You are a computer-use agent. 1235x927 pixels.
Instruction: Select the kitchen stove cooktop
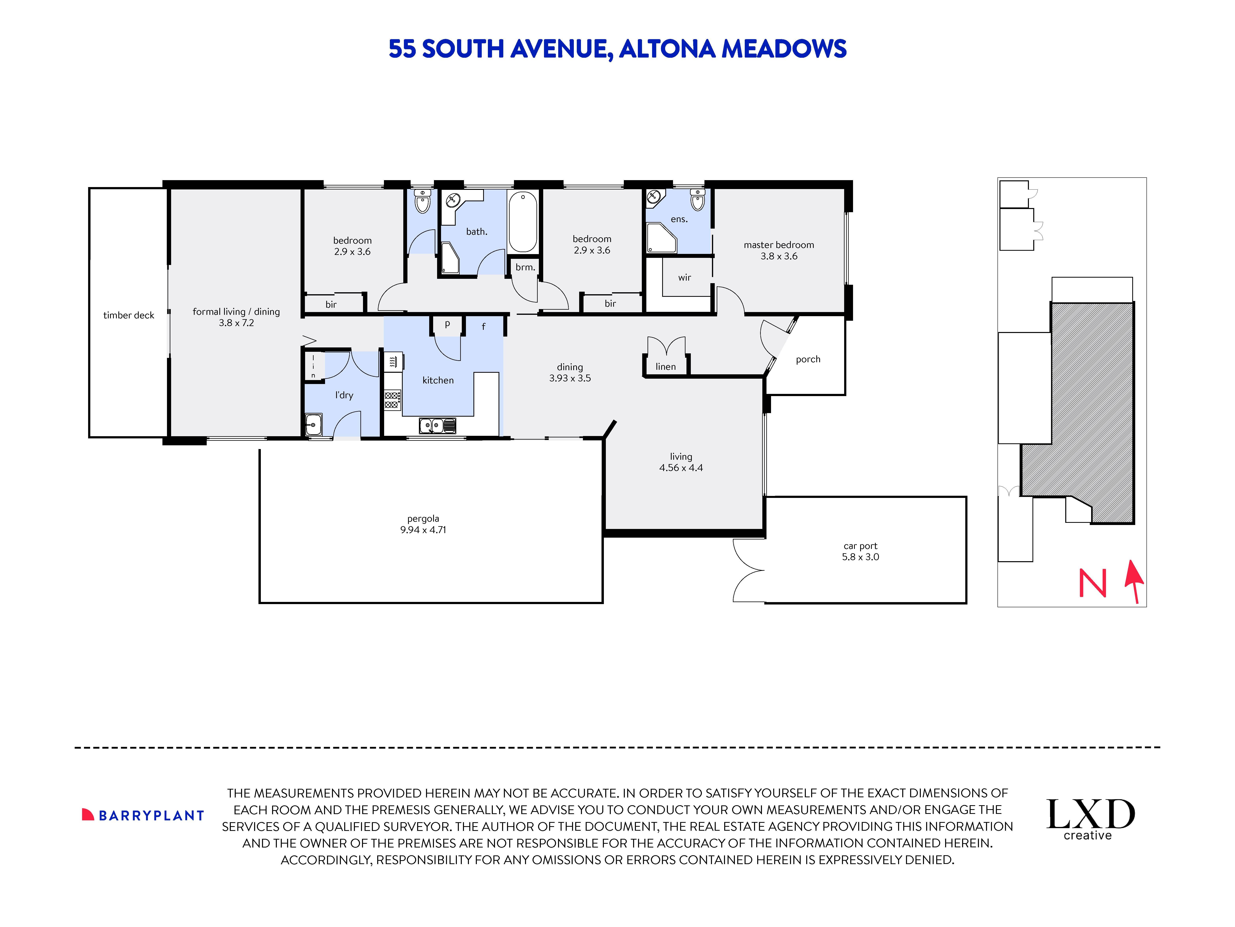[x=392, y=399]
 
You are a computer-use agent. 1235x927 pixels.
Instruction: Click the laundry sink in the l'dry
[x=313, y=425]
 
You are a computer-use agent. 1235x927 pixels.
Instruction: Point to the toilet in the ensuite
[x=697, y=200]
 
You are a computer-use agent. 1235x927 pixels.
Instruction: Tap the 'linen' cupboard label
[x=666, y=367]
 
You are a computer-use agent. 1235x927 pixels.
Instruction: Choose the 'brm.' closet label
[x=525, y=267]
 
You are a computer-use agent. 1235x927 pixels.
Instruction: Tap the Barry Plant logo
[x=143, y=815]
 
